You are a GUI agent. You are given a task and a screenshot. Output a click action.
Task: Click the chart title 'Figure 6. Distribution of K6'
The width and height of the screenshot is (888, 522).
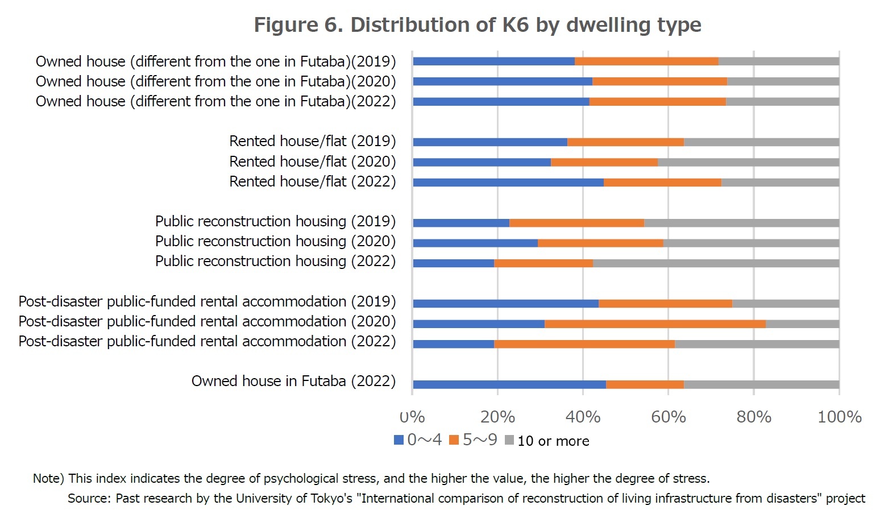pos(478,25)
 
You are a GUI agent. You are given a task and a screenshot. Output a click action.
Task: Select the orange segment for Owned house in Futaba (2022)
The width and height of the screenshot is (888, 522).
pos(645,384)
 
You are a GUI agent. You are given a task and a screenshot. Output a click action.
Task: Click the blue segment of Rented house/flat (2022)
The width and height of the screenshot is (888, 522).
pos(508,183)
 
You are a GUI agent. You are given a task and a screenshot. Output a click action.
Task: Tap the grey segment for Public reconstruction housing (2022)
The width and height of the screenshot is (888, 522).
pos(716,263)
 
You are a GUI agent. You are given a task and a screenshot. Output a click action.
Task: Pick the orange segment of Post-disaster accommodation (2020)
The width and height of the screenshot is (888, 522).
pos(655,324)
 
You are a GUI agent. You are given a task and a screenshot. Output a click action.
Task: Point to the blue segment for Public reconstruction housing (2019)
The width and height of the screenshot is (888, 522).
pos(461,223)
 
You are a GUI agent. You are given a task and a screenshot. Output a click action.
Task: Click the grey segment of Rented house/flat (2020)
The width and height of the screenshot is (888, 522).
pos(748,163)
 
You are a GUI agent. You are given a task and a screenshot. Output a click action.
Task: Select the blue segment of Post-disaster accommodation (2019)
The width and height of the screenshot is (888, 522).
pos(505,304)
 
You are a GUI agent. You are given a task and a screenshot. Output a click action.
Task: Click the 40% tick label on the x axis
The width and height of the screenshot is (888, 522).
pos(583,417)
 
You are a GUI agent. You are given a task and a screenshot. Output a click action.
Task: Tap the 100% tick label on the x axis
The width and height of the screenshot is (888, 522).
pos(839,417)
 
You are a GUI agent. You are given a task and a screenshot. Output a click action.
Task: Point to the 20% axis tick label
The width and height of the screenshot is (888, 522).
pos(497,417)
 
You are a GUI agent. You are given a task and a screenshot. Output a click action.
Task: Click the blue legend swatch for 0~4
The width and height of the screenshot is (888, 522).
pos(399,440)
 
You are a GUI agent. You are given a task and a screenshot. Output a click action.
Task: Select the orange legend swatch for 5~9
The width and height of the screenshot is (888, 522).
pos(454,440)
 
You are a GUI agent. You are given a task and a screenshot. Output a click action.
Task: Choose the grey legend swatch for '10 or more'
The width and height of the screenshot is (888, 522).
pos(509,440)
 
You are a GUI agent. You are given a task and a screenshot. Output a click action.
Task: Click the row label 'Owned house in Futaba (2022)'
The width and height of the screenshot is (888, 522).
pos(293,381)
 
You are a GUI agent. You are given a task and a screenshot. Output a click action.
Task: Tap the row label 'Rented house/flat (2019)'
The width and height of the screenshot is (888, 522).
pos(312,141)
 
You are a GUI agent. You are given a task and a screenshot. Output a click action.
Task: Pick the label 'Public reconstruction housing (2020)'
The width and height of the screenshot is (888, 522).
pos(275,241)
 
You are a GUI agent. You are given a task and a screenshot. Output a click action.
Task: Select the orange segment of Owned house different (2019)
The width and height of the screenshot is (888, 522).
pos(646,61)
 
